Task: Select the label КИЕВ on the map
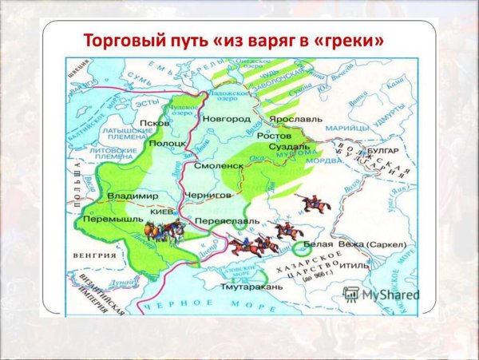(159, 214)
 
